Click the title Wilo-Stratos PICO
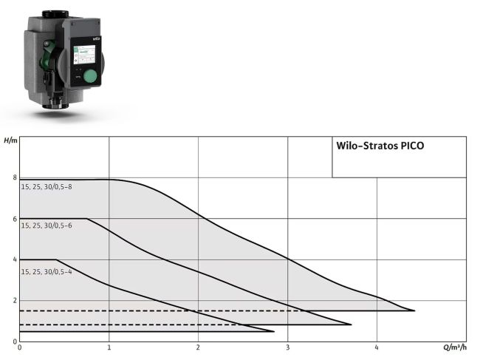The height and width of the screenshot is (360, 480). point(380,146)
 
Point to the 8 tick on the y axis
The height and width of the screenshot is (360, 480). point(14,177)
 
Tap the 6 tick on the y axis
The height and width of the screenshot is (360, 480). point(14,219)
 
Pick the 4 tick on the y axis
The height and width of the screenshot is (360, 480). point(14,259)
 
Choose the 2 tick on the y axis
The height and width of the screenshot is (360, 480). point(14,301)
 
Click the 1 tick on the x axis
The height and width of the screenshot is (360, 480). point(109,347)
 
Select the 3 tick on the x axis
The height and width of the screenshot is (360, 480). point(288,347)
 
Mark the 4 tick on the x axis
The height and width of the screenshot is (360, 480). point(377,347)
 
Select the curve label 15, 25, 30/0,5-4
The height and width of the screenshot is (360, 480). point(46,271)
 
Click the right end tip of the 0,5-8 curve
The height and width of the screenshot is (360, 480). point(414,310)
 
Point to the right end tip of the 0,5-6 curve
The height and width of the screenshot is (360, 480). point(351,324)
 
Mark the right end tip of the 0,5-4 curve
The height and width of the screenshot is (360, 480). point(273,330)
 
